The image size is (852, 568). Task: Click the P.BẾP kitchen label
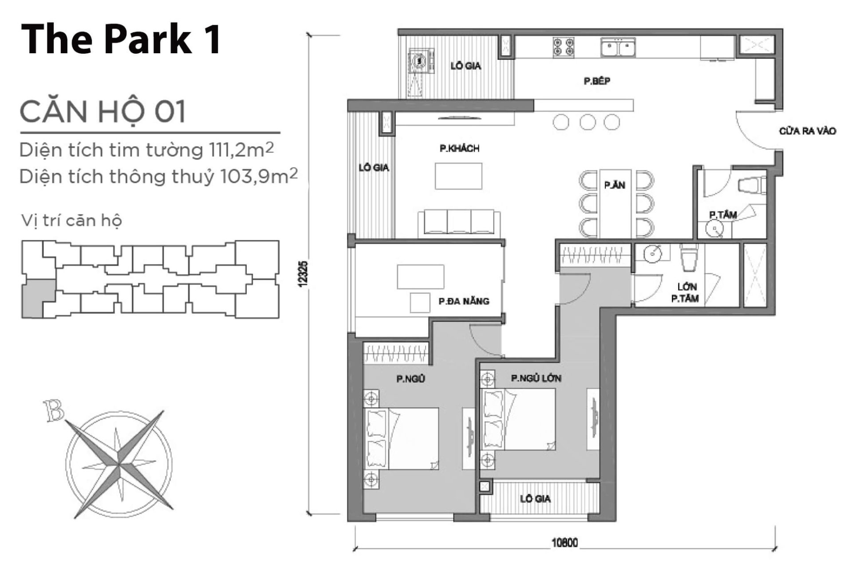click(x=596, y=81)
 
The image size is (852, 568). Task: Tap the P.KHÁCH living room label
click(x=459, y=148)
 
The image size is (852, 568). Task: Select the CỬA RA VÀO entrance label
click(x=807, y=131)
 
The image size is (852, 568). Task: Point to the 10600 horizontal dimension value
click(x=564, y=543)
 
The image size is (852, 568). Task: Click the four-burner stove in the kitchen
click(x=563, y=47)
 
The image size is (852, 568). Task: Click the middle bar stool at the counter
click(x=588, y=122)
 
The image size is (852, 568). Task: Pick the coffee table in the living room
click(x=458, y=176)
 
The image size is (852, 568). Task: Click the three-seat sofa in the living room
click(x=459, y=223)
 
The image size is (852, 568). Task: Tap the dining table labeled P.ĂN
click(x=615, y=203)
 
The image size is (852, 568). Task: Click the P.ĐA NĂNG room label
click(x=464, y=301)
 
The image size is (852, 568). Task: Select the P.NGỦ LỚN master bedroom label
click(x=536, y=379)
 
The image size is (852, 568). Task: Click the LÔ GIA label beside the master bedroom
click(x=535, y=499)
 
